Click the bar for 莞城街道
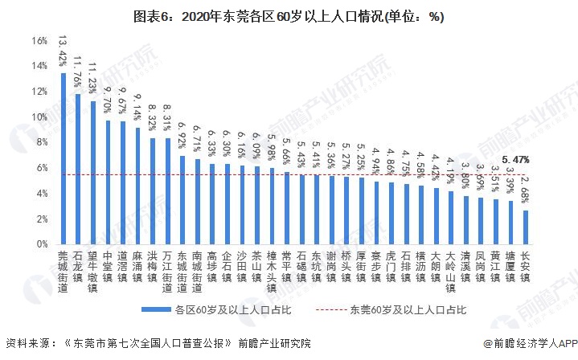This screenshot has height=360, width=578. tap(64, 158)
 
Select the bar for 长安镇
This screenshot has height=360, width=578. tap(526, 227)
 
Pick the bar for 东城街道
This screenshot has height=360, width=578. tap(182, 199)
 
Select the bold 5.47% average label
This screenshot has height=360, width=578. tap(515, 161)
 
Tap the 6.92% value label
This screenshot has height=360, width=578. tap(182, 135)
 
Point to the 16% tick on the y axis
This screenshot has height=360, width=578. tap(39, 41)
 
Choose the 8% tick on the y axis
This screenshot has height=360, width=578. tap(42, 142)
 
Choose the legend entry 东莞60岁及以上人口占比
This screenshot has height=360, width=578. tap(396, 309)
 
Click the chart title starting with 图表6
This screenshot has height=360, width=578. tap(289, 14)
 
